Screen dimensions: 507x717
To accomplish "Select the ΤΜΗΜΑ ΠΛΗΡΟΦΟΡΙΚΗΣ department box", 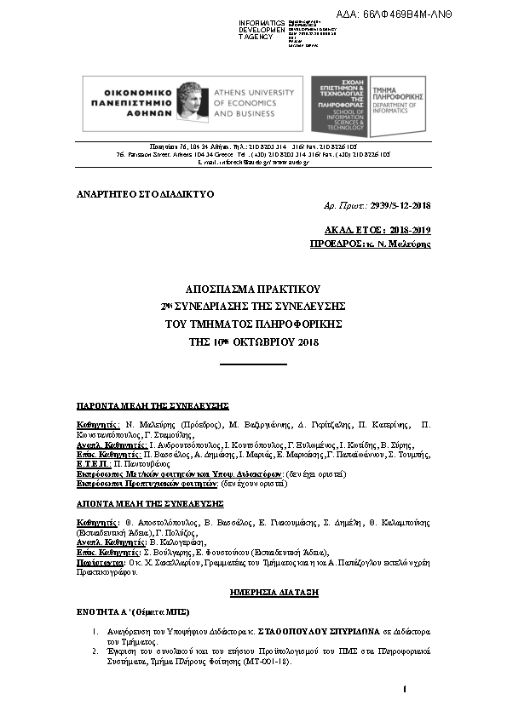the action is (399, 105).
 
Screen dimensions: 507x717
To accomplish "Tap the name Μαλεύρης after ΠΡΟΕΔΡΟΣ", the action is (406, 244).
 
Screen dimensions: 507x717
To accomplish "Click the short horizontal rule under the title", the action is (253, 364).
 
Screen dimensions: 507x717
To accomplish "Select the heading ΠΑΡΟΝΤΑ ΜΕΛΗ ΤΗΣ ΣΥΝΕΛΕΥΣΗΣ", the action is (152, 406).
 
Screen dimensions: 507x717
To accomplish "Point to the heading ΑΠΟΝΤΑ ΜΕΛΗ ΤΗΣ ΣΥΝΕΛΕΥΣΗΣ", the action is (151, 503).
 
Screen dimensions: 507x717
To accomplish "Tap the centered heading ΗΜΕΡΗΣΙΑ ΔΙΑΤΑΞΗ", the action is (253, 590).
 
